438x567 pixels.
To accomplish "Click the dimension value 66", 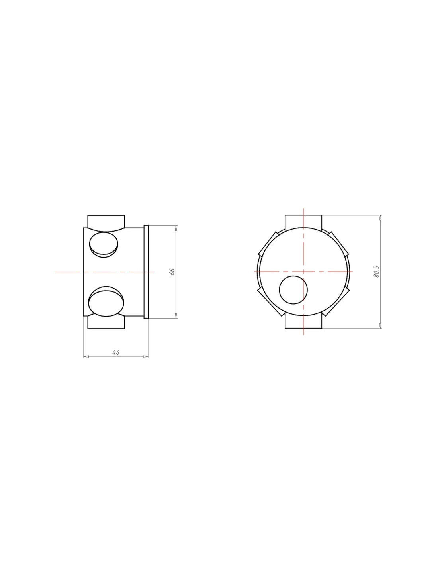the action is pos(172,272).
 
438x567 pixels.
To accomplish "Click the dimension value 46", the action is pos(116,352).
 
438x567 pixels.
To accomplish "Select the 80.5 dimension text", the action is pos(376,272).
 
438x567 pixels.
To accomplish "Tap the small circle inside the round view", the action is pos(293,289).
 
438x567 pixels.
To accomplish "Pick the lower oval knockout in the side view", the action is pos(106,301).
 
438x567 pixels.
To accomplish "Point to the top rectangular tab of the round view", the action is pos(303,221).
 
